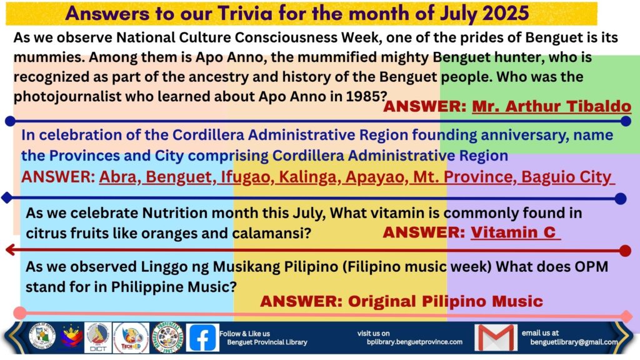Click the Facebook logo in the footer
click(x=202, y=337)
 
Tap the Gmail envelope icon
click(x=496, y=337)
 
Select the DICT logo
click(x=98, y=337)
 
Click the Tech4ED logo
click(x=131, y=337)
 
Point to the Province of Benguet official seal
click(x=42, y=337)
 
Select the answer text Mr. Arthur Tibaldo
click(x=551, y=106)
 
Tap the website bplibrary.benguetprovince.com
click(x=415, y=342)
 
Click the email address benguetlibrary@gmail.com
click(x=574, y=342)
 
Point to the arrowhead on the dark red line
click(x=11, y=249)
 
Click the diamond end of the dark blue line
click(x=7, y=198)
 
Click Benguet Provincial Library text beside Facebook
click(x=267, y=342)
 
